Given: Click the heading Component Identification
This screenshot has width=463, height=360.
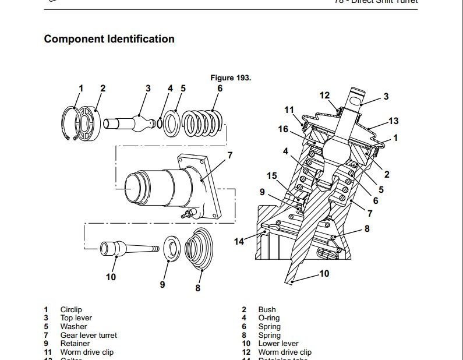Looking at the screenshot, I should pyautogui.click(x=109, y=40).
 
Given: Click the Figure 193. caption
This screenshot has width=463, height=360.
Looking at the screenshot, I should pyautogui.click(x=231, y=77).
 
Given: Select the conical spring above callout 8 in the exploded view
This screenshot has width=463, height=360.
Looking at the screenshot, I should pyautogui.click(x=199, y=249).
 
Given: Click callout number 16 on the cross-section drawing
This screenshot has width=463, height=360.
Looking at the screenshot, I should pyautogui.click(x=283, y=129).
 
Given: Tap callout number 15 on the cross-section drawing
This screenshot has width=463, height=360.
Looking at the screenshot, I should pyautogui.click(x=272, y=176).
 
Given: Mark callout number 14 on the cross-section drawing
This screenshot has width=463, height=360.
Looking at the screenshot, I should pyautogui.click(x=239, y=241).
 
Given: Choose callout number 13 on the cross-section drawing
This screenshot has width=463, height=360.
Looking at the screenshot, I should pyautogui.click(x=394, y=121).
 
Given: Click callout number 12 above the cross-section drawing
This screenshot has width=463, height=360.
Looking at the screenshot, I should pyautogui.click(x=324, y=96).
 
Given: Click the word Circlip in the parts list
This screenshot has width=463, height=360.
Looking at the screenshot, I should pyautogui.click(x=70, y=310).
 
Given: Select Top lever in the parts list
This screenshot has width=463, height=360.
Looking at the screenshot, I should pyautogui.click(x=76, y=318).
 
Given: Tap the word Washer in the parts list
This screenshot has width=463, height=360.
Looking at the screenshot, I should pyautogui.click(x=73, y=327).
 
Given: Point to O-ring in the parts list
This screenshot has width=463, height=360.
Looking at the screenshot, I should pyautogui.click(x=268, y=318).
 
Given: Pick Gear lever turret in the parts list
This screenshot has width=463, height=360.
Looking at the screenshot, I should pyautogui.click(x=89, y=335).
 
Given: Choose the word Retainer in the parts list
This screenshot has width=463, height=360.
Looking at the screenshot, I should pyautogui.click(x=75, y=344).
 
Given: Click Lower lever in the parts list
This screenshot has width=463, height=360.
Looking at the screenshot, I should pyautogui.click(x=278, y=344).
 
